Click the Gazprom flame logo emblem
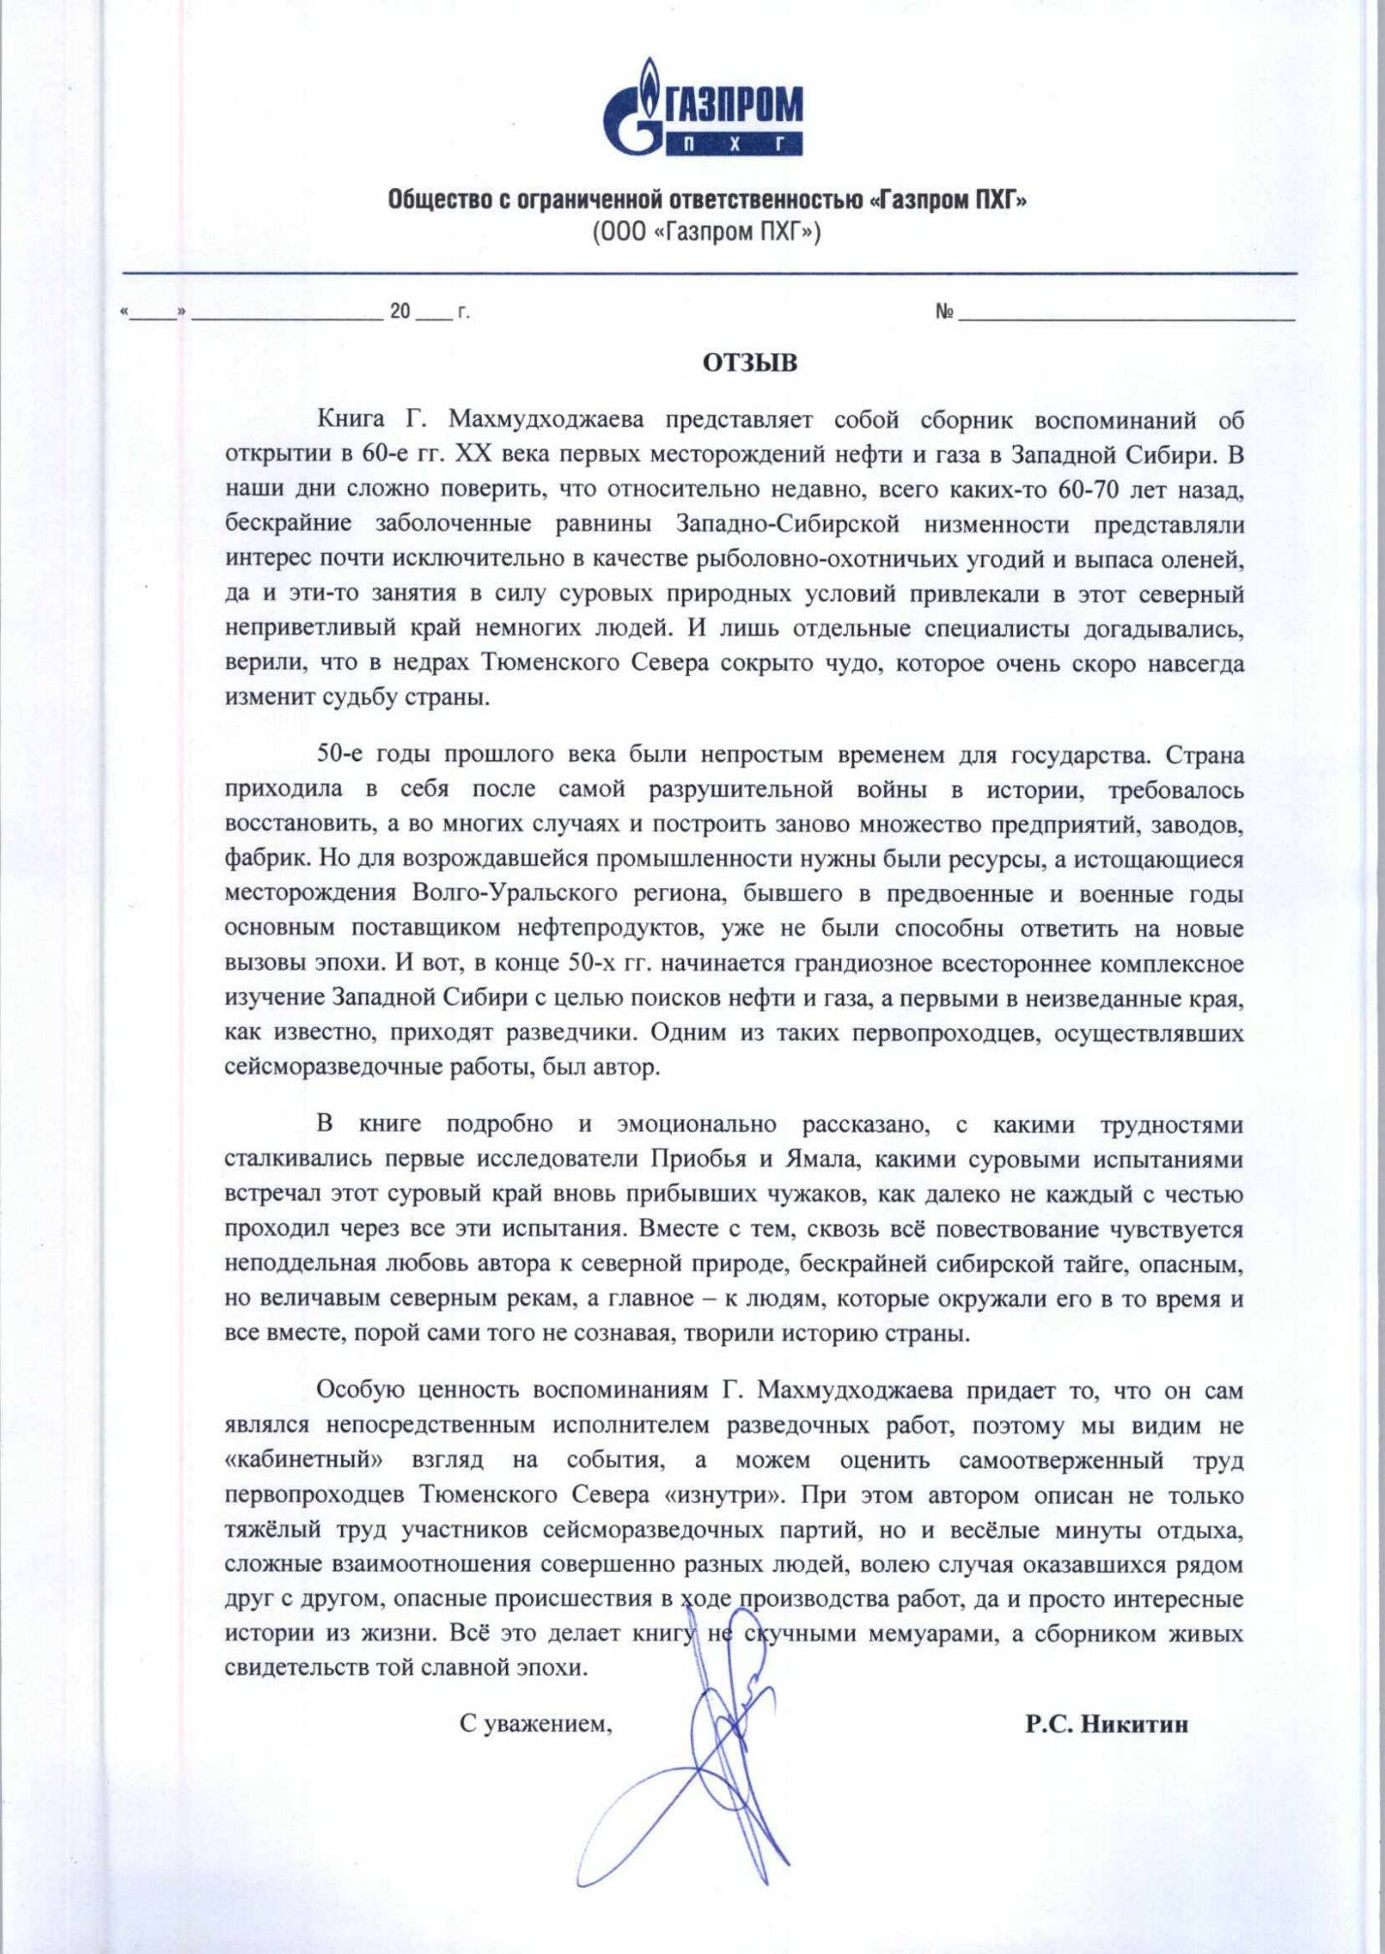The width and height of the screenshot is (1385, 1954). coord(635,109)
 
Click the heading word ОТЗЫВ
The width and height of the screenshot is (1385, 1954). coord(750,363)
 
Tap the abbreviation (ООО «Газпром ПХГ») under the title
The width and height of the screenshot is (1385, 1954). coord(707,233)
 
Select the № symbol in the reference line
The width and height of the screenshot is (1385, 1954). coord(944,311)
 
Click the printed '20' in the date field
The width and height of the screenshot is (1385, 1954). coord(400,311)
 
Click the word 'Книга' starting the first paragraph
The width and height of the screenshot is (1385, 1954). coord(351,420)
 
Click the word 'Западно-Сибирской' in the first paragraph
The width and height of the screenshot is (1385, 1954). coord(788,524)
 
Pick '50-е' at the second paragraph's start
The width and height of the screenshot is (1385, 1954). coord(340,754)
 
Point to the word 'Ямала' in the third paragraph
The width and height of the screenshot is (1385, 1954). coord(820,1160)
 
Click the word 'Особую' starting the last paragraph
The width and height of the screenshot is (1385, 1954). coord(360,1391)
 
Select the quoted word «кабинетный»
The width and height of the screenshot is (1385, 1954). coord(303,1460)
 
